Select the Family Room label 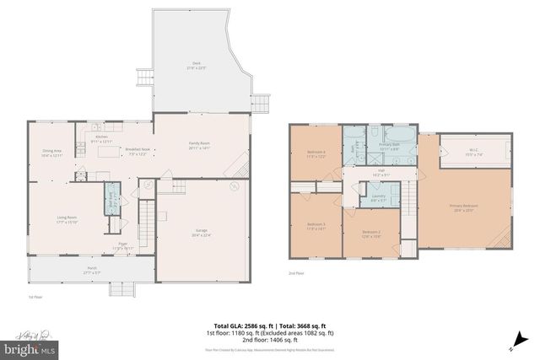[198, 146]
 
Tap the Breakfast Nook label [138, 153]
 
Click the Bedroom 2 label [372, 234]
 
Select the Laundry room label [379, 200]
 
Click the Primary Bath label [388, 147]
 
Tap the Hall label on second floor [381, 174]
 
